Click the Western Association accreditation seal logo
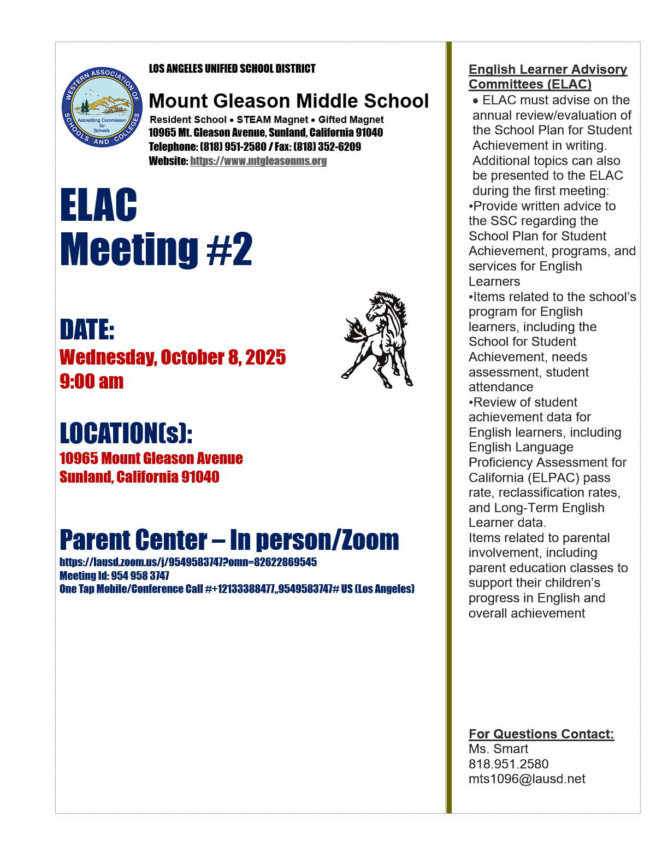pos(102,107)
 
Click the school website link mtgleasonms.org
pos(258,161)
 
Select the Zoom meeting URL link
pos(188,562)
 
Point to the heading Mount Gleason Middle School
pos(288,101)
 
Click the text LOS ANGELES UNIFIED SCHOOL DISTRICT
pos(232,69)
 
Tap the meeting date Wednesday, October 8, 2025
pos(173,357)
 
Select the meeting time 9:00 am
pos(92,381)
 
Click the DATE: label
pos(87,330)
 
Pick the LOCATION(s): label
pos(126,433)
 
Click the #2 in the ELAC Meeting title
pos(229,249)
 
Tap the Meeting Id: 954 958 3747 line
pos(114,576)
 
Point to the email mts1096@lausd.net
pos(527,779)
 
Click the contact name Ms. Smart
pos(498,749)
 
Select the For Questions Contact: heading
pos(541,734)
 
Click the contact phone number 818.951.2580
pos(509,764)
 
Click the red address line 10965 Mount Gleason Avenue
pos(151,458)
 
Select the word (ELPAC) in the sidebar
pos(552,478)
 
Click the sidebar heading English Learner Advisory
pos(548,69)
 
